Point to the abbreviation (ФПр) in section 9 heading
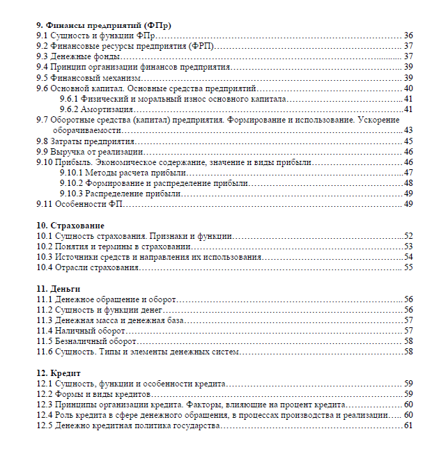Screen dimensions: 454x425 (x=157, y=25)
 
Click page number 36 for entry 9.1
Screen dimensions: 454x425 (x=408, y=36)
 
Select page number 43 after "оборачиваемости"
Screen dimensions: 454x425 (x=408, y=130)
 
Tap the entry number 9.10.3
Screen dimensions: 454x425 (x=72, y=193)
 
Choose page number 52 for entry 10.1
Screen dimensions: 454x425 (x=408, y=236)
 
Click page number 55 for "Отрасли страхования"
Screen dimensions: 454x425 (x=408, y=267)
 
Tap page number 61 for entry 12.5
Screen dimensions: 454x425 (x=408, y=425)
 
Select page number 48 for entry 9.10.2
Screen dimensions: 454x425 (x=408, y=182)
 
